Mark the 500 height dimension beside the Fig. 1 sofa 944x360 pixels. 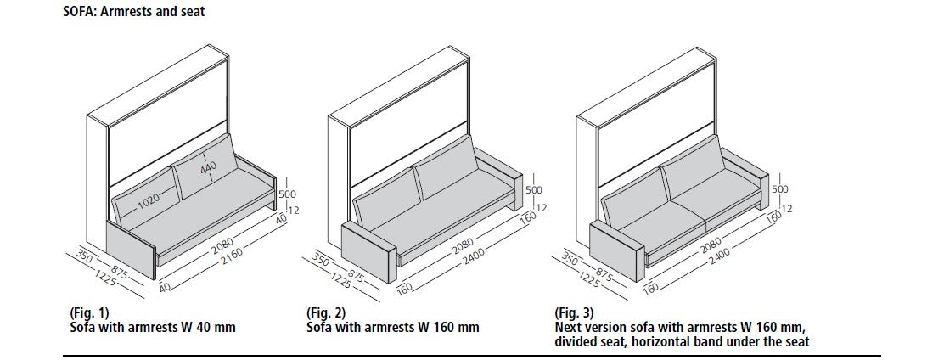290,190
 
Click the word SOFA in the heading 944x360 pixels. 78,12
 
